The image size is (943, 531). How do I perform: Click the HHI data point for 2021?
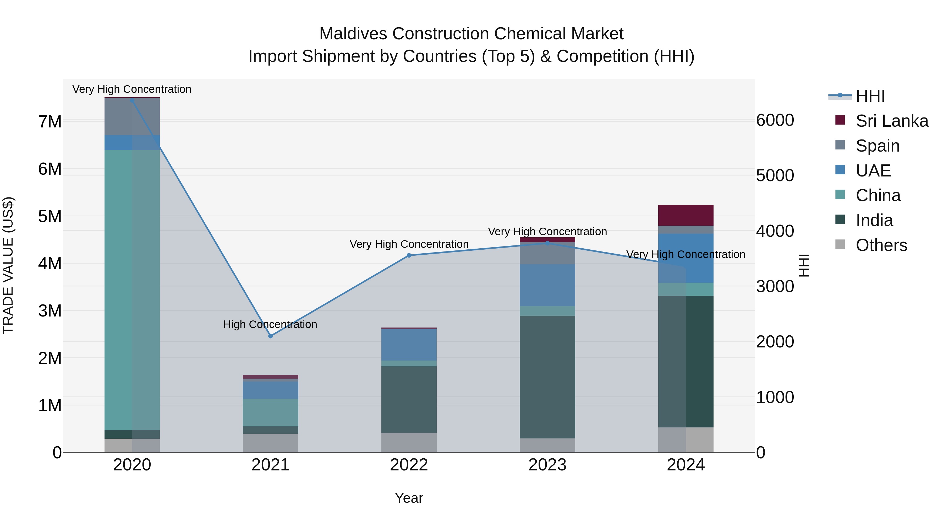tap(271, 336)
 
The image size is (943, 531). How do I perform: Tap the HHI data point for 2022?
tap(409, 255)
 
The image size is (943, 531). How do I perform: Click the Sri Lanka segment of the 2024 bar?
tap(686, 216)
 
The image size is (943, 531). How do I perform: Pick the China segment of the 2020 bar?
tap(132, 289)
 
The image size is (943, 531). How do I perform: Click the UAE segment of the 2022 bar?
tap(409, 345)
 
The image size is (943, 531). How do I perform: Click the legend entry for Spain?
tap(877, 146)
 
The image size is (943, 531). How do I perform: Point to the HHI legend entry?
tap(870, 96)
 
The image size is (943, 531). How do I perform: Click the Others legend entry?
tap(881, 245)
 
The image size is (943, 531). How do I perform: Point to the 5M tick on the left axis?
tap(50, 216)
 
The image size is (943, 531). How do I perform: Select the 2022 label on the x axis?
tap(409, 465)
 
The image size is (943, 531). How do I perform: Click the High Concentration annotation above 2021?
tap(270, 324)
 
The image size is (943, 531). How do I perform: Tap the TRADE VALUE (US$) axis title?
tap(8, 265)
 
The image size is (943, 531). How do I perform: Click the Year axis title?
tap(409, 498)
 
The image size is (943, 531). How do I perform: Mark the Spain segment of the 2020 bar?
tap(132, 116)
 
